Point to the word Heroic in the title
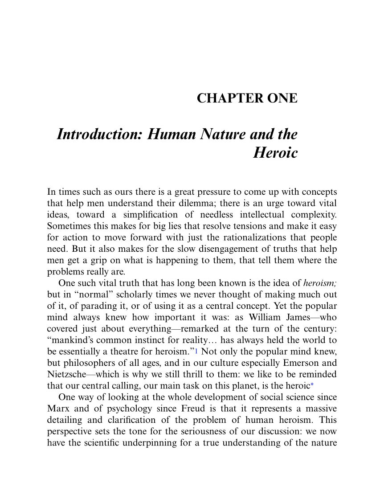[x=275, y=153]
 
